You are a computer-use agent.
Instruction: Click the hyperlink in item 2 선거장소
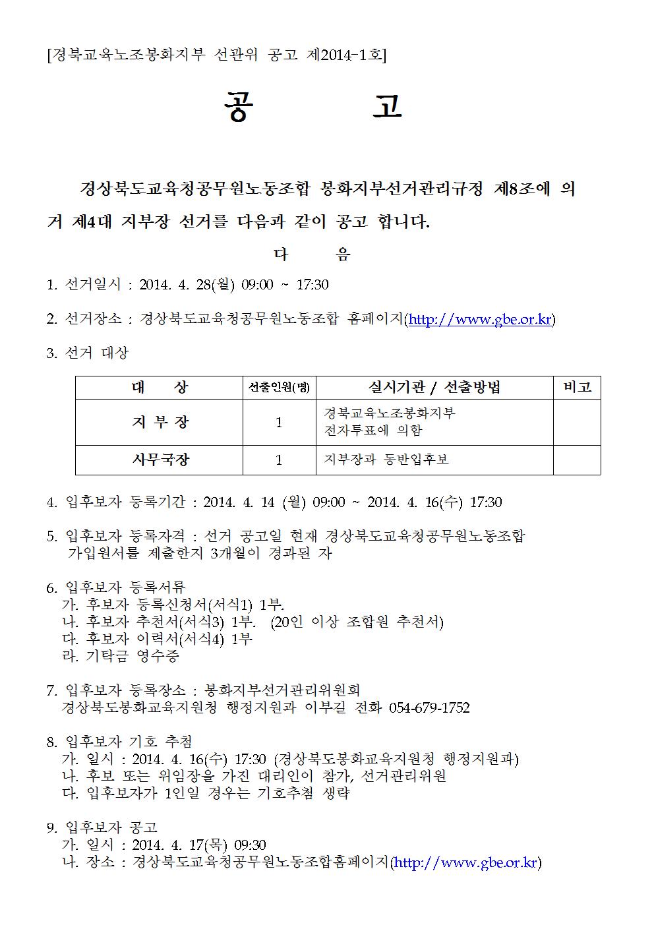480,320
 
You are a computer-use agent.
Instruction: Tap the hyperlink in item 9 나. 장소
466,862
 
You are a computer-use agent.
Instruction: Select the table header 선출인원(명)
279,388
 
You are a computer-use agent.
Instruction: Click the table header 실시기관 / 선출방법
434,387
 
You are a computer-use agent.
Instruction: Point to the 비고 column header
576,387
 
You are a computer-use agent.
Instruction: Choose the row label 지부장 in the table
160,422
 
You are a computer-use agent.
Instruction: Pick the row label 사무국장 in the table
160,460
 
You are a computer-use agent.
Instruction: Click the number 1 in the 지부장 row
279,422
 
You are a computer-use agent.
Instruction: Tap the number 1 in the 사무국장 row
279,460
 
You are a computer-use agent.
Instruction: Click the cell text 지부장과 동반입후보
386,460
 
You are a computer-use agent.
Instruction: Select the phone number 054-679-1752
430,707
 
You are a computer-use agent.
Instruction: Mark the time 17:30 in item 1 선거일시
312,285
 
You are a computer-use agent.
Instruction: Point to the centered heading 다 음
312,254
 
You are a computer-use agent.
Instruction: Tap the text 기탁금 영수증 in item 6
133,656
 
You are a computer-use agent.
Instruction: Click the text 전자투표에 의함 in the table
373,431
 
